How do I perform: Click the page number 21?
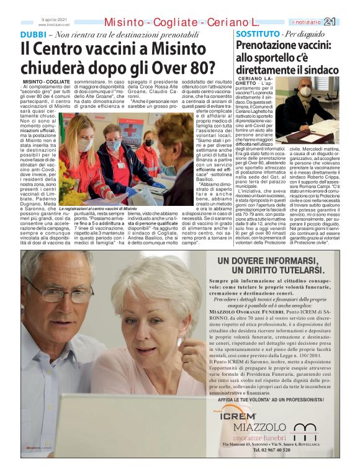(x=348, y=22)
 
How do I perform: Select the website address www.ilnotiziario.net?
(x=54, y=24)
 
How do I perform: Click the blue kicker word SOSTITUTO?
(x=258, y=33)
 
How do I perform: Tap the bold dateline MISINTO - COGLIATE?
(x=46, y=82)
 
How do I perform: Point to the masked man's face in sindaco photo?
(x=305, y=91)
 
